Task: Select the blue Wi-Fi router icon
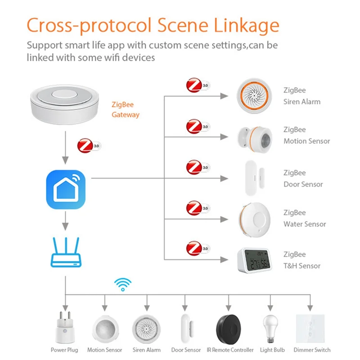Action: point(66,254)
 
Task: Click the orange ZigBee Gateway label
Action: point(126,110)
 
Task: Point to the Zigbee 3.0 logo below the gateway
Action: point(89,146)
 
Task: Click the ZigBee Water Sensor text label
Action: point(305,218)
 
